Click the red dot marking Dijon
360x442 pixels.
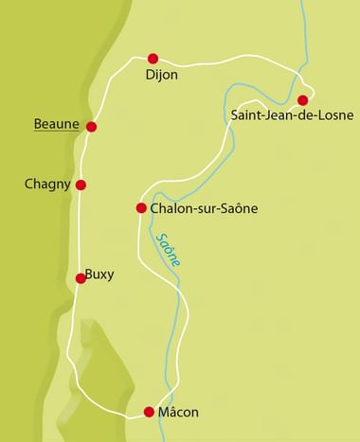pos(153,58)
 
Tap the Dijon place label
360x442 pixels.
pos(161,75)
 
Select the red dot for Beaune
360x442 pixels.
pos(92,127)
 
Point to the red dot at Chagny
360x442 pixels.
pos(81,185)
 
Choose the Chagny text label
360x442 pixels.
pos(47,185)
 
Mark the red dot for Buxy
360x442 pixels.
pos(81,278)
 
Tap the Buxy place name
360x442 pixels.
pos(99,274)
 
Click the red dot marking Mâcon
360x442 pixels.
pos(149,411)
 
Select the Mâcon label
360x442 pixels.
pos(178,412)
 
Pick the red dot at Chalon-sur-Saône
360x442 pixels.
pos(141,207)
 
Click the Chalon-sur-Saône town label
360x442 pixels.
pos(204,208)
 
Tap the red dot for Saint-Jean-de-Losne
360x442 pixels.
pos(302,100)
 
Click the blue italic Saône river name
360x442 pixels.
pos(171,249)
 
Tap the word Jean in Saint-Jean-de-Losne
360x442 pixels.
pos(279,116)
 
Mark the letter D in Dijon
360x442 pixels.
pos(150,75)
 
